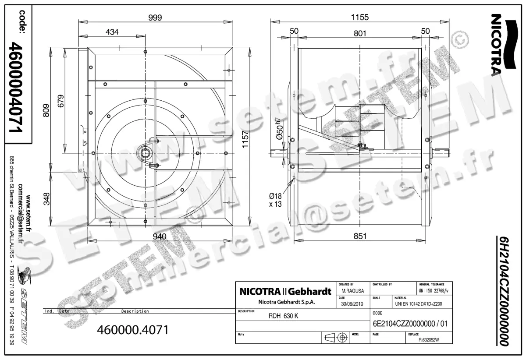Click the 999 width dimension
(155, 18)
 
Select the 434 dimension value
(112, 32)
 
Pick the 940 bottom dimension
(159, 236)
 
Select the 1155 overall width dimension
(360, 18)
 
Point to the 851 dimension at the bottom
(360, 236)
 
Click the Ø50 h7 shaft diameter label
(280, 127)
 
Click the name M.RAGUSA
(352, 290)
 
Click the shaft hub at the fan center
(145, 153)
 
